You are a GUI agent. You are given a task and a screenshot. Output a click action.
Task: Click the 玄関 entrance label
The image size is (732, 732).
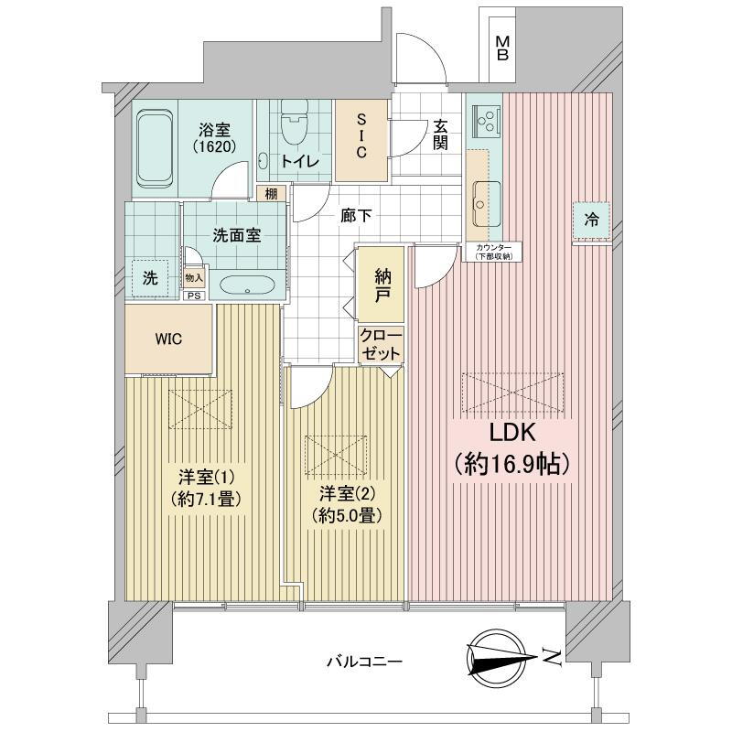pyautogui.click(x=440, y=135)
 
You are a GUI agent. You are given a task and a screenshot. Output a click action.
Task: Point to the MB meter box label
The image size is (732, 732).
pyautogui.click(x=501, y=48)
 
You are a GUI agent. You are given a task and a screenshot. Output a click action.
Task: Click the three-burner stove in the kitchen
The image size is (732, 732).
pyautogui.click(x=487, y=119)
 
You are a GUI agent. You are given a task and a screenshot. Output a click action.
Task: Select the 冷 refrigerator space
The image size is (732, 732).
pyautogui.click(x=591, y=220)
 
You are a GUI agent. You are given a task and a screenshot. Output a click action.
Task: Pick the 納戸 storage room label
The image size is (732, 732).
pyautogui.click(x=382, y=286)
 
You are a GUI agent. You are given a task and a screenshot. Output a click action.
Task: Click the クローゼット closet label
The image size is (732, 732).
pyautogui.click(x=381, y=345)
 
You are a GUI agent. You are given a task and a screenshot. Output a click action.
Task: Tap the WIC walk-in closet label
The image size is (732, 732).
pyautogui.click(x=169, y=339)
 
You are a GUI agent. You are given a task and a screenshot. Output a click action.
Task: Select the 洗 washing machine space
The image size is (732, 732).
pyautogui.click(x=150, y=279)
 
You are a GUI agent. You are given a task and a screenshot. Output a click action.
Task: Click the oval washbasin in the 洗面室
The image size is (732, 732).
pyautogui.click(x=246, y=285)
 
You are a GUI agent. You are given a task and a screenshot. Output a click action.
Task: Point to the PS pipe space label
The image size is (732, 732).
pyautogui.click(x=194, y=296)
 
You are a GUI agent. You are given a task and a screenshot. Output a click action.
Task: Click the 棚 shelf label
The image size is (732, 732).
pyautogui.click(x=271, y=194)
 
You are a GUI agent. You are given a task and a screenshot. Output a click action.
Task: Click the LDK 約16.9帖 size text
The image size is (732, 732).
pyautogui.click(x=513, y=464)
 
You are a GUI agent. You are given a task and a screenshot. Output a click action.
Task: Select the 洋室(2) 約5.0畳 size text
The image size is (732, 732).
pyautogui.click(x=348, y=515)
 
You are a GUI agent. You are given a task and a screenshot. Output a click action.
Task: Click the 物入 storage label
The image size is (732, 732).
pyautogui.click(x=194, y=278)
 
